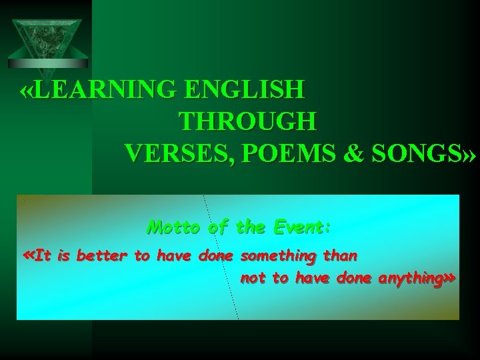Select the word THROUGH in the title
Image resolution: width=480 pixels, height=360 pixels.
tap(248, 123)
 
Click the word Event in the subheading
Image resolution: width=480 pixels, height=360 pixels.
tap(301, 228)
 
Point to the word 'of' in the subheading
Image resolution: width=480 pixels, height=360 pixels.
tap(218, 228)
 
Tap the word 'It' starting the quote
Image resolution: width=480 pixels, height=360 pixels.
tap(43, 255)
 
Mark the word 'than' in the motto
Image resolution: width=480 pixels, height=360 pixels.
tap(340, 255)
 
